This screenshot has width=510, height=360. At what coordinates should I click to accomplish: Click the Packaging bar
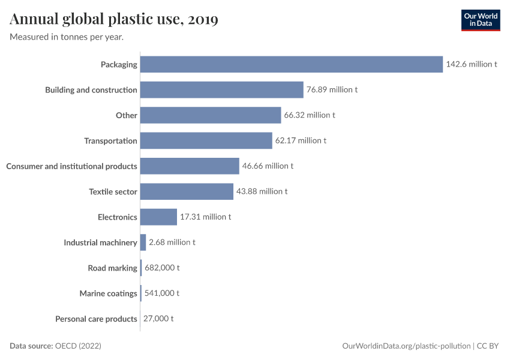point(292,64)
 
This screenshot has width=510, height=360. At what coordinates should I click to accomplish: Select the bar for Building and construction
point(222,90)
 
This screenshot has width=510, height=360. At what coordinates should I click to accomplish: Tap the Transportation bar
point(206,140)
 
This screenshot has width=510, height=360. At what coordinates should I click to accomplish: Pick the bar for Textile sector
point(187,191)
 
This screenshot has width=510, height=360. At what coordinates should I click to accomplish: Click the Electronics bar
point(159,217)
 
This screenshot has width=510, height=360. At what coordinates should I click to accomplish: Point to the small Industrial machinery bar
point(143,242)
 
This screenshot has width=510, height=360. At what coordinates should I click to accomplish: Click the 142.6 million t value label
point(472,64)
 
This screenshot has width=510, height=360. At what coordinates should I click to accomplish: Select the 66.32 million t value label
point(310,115)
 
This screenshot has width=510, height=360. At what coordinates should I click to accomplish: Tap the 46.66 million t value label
point(268,166)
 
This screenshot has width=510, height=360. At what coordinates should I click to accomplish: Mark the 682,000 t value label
point(162,268)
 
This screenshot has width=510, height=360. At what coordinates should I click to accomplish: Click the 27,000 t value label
point(158,319)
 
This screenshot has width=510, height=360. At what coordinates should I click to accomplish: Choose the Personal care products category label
point(96,319)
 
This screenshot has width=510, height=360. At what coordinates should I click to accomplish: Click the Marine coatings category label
point(109,293)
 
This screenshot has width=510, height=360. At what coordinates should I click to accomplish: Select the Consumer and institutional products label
point(71,166)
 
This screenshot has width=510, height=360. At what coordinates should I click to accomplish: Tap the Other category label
point(127,115)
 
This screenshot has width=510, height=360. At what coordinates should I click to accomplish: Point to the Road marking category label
point(113,268)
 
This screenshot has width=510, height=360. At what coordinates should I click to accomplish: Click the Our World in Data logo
point(480,20)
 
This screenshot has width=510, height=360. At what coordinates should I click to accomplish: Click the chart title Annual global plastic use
point(114,19)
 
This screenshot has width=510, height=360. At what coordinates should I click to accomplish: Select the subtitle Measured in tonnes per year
point(67,37)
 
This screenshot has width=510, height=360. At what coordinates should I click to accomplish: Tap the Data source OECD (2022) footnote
point(55,346)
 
